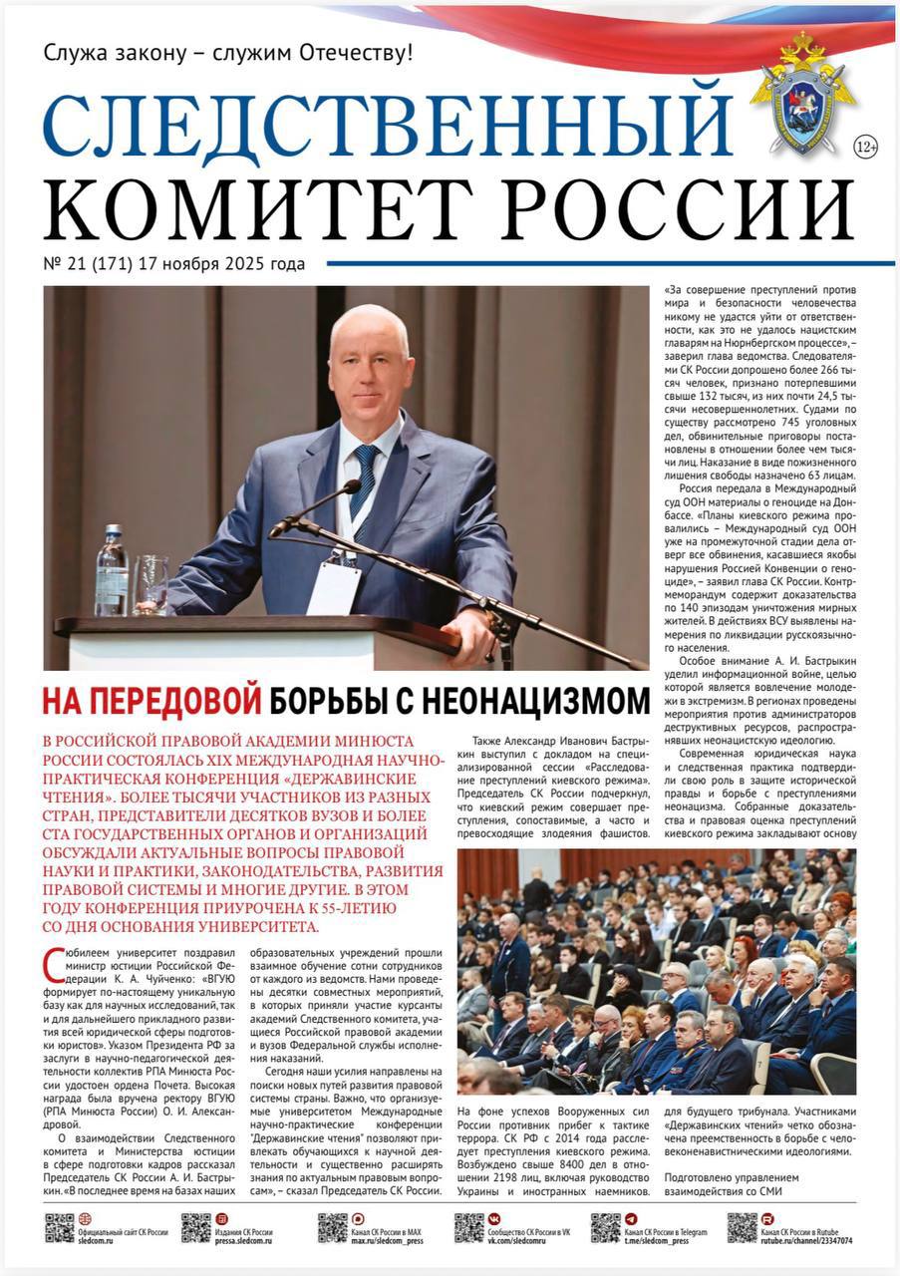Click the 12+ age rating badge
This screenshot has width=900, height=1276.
point(865,148)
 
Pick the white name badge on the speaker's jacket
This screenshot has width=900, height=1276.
point(334,588)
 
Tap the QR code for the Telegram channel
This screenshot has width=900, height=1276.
point(604,1227)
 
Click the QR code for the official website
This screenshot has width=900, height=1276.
point(59,1227)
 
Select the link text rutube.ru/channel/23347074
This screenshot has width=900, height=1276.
point(806,1241)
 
